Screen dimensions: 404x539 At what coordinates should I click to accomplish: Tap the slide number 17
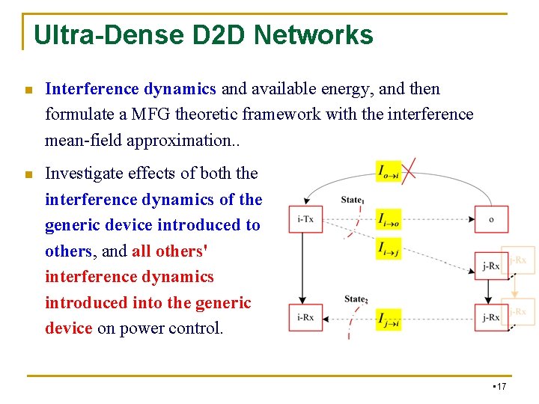click(x=501, y=386)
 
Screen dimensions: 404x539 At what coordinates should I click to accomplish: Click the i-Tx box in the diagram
click(x=305, y=219)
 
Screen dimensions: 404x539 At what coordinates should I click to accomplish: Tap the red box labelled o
click(x=491, y=219)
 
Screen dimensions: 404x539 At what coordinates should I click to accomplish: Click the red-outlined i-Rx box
click(x=305, y=317)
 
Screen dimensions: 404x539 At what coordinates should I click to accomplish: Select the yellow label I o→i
click(x=389, y=171)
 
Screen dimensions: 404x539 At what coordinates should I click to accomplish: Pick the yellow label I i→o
click(x=389, y=218)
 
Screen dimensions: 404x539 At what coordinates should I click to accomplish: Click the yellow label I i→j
click(x=389, y=248)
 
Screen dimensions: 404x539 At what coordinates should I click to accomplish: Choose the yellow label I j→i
click(x=389, y=319)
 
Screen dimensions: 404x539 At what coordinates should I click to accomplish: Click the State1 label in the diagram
click(x=352, y=200)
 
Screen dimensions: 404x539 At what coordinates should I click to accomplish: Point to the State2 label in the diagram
click(x=356, y=299)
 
